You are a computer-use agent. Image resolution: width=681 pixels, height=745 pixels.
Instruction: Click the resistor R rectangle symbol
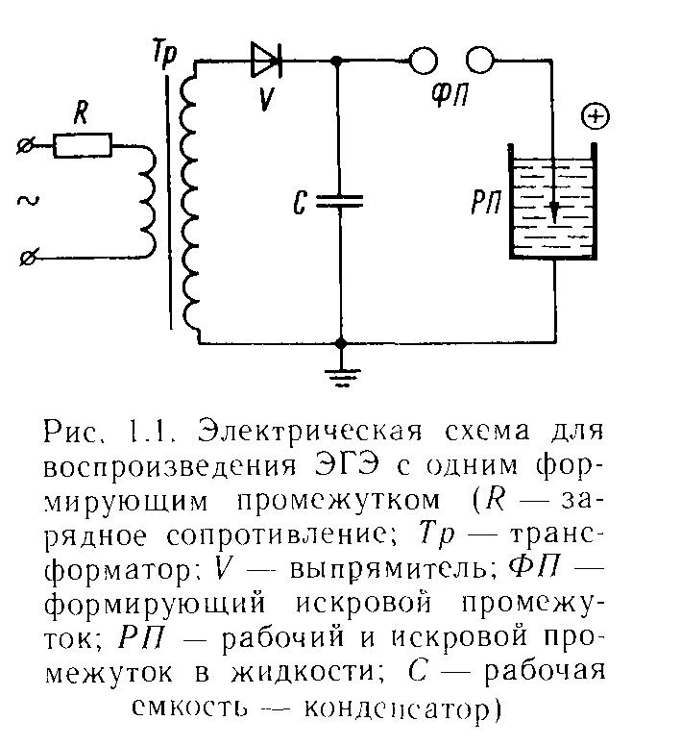point(83,146)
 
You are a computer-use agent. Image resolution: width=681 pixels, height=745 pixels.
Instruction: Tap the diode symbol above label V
point(266,61)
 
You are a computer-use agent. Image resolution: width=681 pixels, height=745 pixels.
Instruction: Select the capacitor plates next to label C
point(340,201)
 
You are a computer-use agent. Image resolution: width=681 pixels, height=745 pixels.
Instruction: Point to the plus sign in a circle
point(596,117)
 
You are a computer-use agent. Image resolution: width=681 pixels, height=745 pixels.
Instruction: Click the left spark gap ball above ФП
point(422,62)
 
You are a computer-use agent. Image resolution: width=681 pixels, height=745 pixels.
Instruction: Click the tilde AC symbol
point(28,201)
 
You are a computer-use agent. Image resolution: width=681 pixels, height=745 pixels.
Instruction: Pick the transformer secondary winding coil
point(191,202)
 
